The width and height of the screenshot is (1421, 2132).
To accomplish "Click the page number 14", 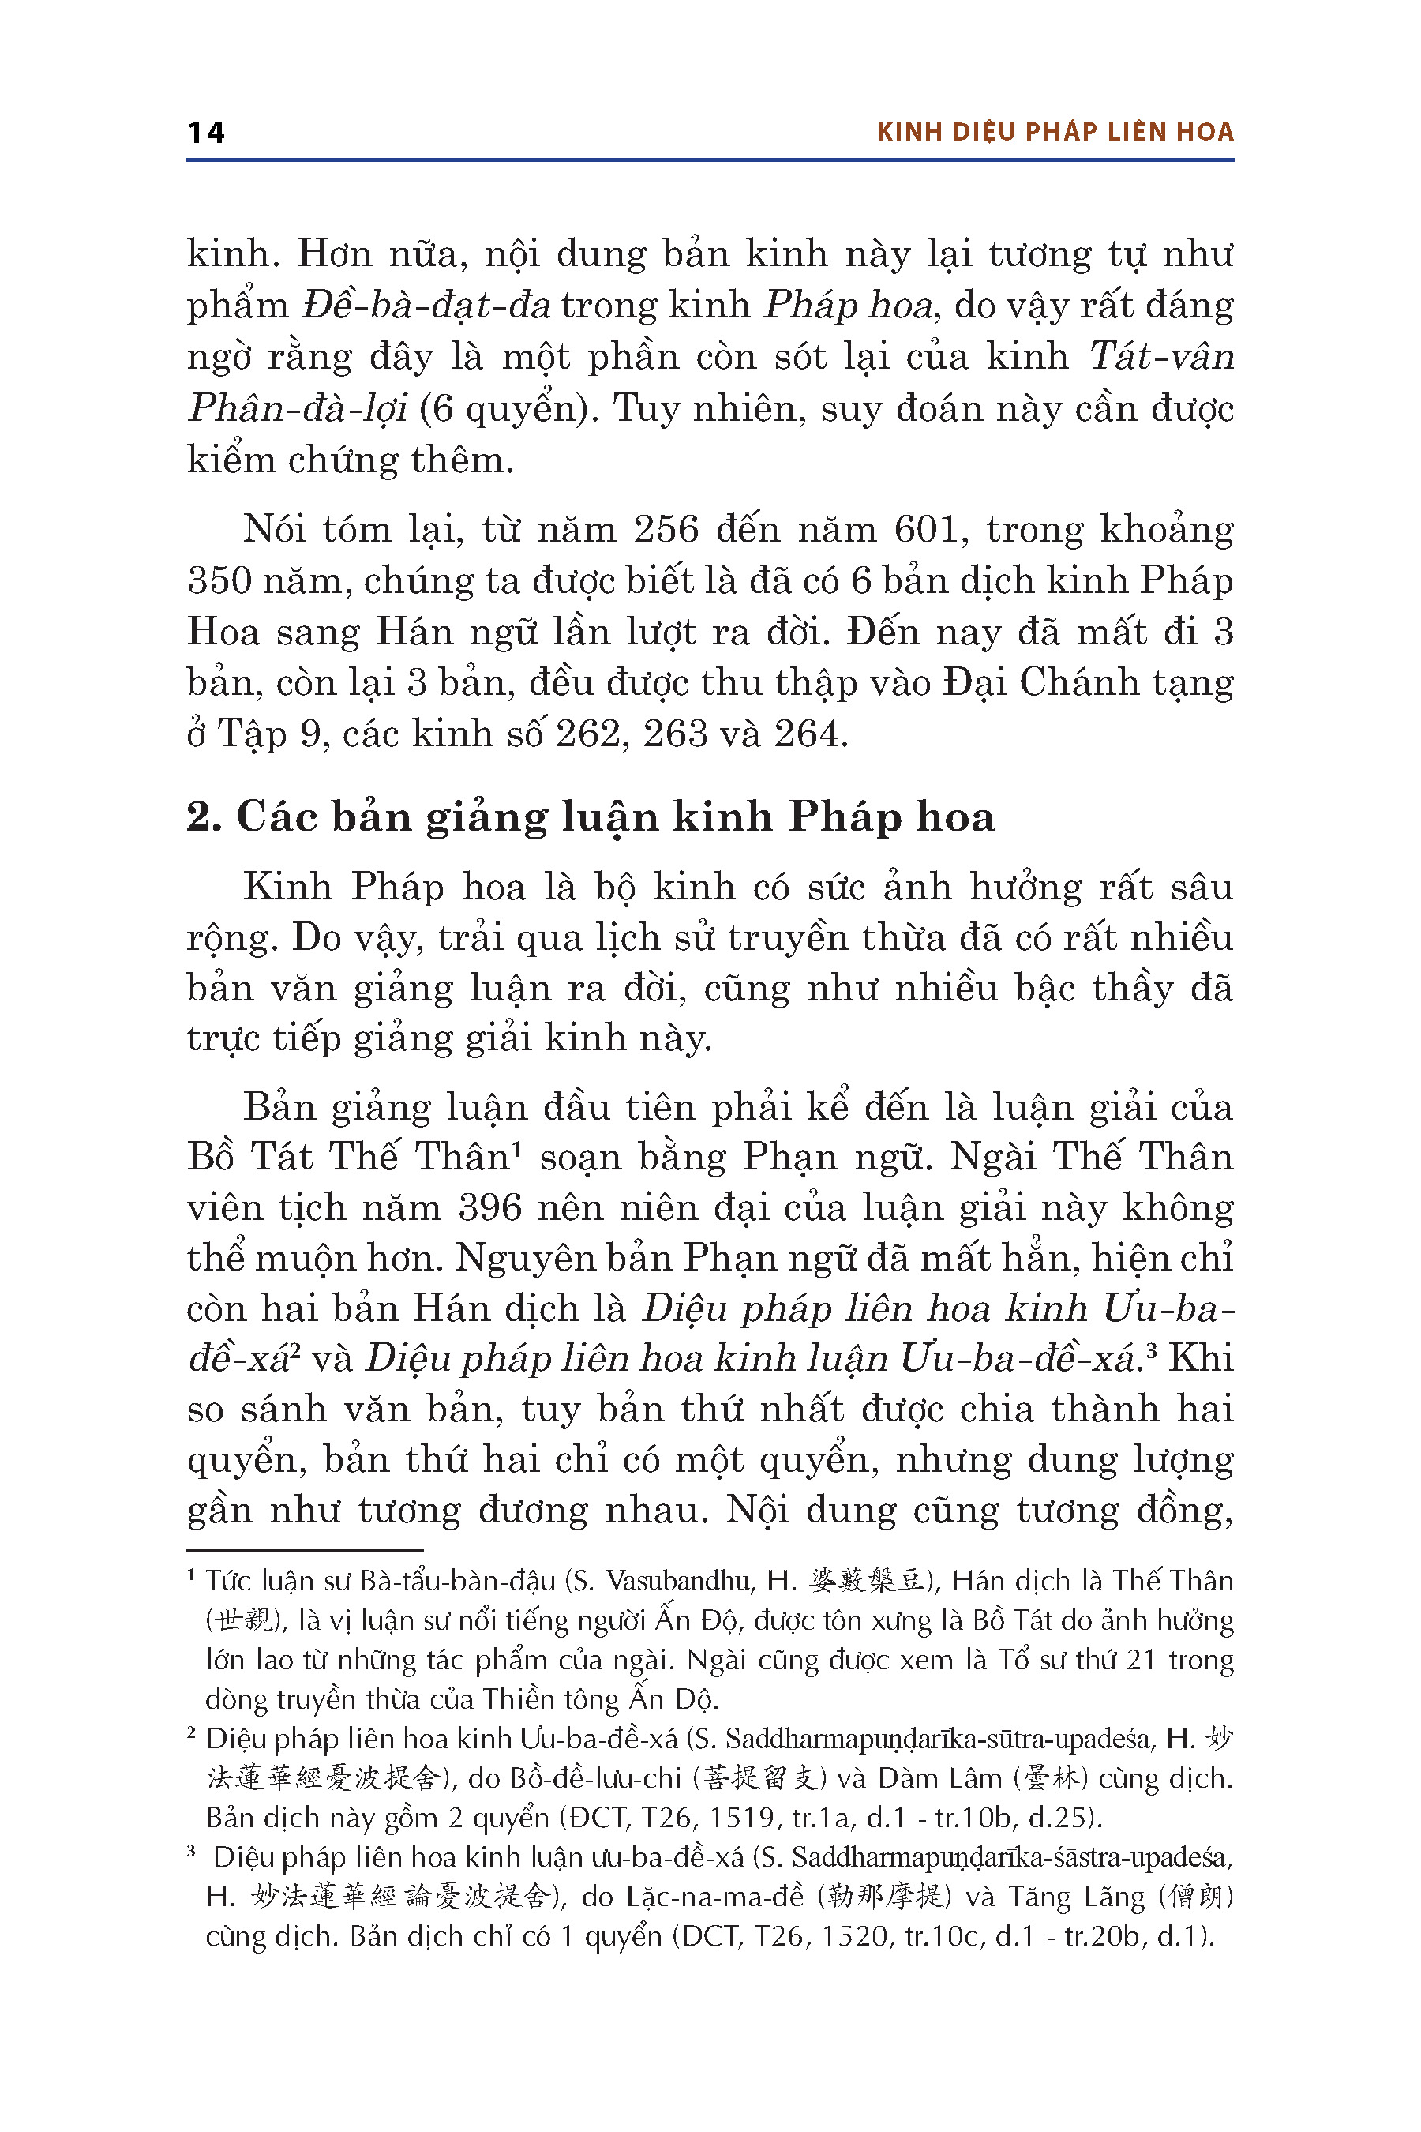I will click(206, 133).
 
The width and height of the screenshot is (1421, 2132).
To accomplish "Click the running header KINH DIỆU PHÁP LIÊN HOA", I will click(1055, 133).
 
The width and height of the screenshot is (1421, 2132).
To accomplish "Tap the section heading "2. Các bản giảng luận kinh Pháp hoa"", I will click(590, 816).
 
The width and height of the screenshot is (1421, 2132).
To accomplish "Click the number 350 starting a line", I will click(219, 580).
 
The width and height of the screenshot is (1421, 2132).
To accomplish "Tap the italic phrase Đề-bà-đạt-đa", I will click(426, 306).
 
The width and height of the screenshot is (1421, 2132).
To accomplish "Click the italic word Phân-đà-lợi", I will click(298, 409).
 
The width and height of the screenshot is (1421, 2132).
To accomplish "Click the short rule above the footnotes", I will click(305, 1552).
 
